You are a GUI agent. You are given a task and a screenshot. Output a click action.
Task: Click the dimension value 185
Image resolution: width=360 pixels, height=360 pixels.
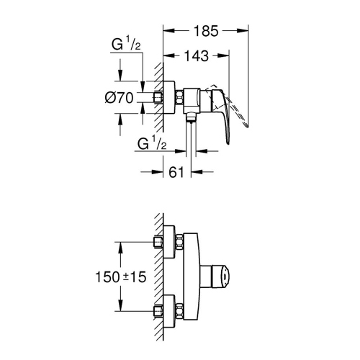[x=207, y=32]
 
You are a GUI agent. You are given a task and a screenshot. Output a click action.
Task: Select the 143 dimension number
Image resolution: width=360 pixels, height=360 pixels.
[x=195, y=55]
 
